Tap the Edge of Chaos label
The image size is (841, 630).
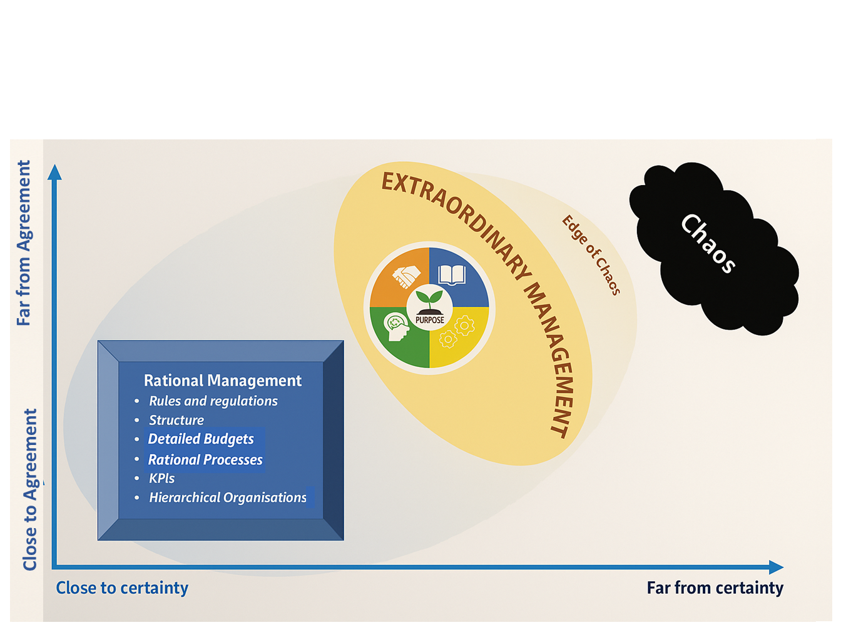(x=591, y=254)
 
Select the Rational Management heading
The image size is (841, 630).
(x=223, y=381)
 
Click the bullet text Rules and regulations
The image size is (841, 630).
(x=213, y=401)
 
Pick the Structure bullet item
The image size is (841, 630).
(x=176, y=420)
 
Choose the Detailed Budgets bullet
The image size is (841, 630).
(x=201, y=439)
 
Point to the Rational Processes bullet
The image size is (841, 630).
(x=205, y=460)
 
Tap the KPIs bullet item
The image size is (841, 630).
(x=161, y=479)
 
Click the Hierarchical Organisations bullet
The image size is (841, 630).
(x=228, y=497)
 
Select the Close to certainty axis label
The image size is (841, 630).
(x=122, y=588)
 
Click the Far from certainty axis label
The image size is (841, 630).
(x=715, y=588)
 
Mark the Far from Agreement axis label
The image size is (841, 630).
(x=24, y=243)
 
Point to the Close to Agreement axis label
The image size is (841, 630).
(x=30, y=489)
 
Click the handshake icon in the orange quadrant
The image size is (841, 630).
(x=406, y=276)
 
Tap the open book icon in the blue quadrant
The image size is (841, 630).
(x=452, y=275)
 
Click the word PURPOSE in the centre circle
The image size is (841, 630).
(x=430, y=320)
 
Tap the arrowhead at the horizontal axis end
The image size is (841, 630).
(x=776, y=567)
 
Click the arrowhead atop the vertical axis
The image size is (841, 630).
(x=55, y=172)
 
